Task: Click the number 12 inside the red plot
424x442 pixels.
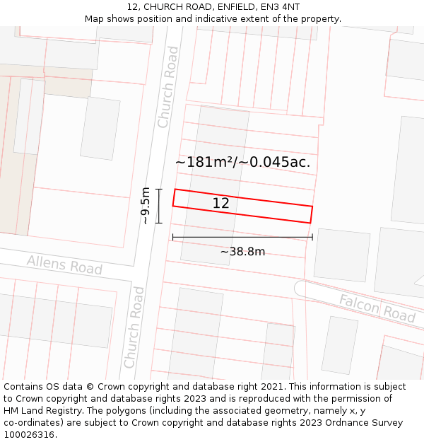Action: coord(220,204)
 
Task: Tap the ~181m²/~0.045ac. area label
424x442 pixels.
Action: coord(242,162)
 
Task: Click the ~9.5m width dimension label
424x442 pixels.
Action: coord(145,206)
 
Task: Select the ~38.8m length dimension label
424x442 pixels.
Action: coord(242,252)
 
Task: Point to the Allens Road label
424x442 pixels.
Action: coord(64,265)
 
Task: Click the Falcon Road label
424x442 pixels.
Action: coord(377,308)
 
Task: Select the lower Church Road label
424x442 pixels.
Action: coord(134,327)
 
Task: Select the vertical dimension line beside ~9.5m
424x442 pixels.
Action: coord(159,206)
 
